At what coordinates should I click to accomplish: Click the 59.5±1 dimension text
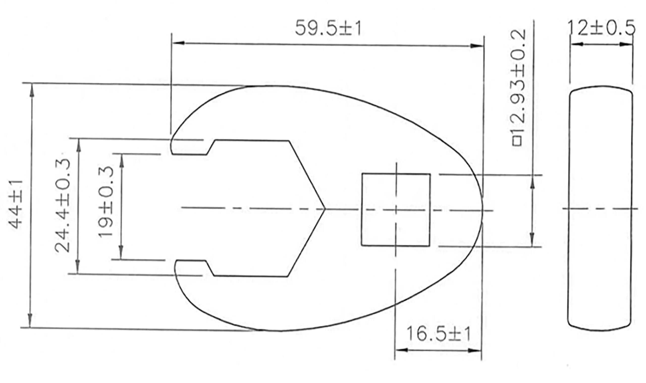point(328,28)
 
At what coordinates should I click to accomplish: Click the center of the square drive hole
point(396,210)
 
